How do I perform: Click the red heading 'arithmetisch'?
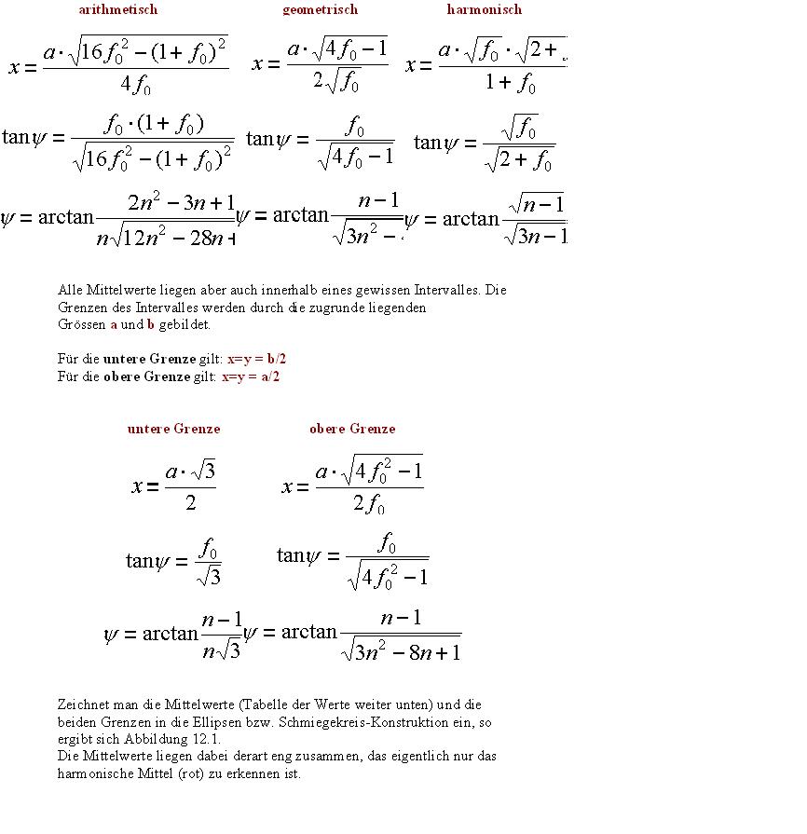tap(118, 10)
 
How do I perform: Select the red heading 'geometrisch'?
tap(320, 10)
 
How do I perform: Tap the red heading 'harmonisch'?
tap(484, 10)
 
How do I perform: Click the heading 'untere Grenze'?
tap(173, 430)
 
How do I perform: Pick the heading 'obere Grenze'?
tap(352, 430)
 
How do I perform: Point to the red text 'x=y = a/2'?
tap(251, 377)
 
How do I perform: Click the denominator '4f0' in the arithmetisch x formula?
tap(135, 85)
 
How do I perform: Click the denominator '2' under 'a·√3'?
tap(190, 503)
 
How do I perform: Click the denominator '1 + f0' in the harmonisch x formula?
tap(510, 84)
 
